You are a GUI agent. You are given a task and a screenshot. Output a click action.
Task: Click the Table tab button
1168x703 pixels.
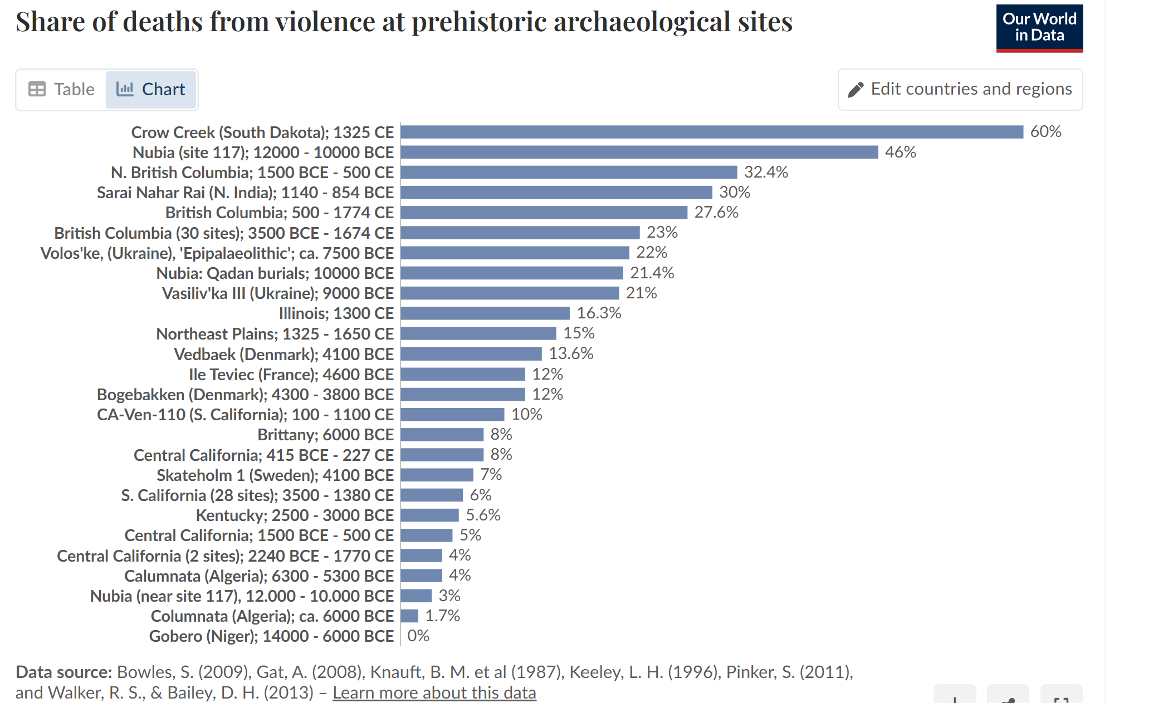coord(62,89)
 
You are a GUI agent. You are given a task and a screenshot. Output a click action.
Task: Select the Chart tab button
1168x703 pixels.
coord(150,89)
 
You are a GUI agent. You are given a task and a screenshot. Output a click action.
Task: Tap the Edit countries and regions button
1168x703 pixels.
coord(960,89)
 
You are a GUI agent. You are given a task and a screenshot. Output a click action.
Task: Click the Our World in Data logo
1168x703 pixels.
coord(1039,28)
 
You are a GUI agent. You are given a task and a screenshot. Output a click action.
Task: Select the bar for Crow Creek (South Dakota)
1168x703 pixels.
coord(711,132)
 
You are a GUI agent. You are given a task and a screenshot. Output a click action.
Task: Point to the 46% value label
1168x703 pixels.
coord(900,152)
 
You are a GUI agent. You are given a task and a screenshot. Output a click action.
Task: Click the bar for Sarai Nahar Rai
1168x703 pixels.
coord(556,193)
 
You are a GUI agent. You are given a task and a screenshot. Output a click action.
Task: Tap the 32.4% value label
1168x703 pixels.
coord(766,172)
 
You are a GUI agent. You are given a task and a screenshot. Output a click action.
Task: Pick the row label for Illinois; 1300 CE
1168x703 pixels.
coord(336,313)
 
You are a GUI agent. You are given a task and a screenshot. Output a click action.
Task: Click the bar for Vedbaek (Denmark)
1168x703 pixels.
coord(471,354)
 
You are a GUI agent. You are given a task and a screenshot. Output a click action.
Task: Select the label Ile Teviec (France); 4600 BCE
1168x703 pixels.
coord(291,374)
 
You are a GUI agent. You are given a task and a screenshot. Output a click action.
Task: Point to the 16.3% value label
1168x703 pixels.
coord(599,313)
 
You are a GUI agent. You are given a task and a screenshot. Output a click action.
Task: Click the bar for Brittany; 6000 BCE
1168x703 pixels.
coord(442,435)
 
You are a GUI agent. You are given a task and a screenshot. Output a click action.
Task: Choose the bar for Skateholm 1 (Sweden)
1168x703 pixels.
coord(437,475)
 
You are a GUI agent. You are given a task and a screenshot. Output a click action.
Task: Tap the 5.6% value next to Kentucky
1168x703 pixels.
coord(483,515)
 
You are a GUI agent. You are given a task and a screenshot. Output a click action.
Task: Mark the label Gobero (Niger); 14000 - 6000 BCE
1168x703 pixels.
coord(271,636)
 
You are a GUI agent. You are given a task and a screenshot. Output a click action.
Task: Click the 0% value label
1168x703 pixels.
coord(418,636)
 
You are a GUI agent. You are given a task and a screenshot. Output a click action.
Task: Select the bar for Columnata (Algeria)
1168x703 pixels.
coord(409,616)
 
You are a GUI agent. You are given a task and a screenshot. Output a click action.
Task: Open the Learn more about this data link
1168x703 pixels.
coord(434,692)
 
